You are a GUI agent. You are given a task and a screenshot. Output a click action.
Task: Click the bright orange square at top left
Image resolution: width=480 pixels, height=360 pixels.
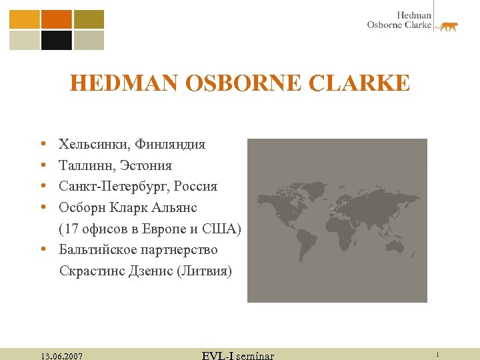(57, 19)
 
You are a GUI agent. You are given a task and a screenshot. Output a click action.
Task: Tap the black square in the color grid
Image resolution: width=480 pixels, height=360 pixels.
(57, 40)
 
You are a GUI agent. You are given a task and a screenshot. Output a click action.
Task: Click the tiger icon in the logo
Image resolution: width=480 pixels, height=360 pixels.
(447, 27)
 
